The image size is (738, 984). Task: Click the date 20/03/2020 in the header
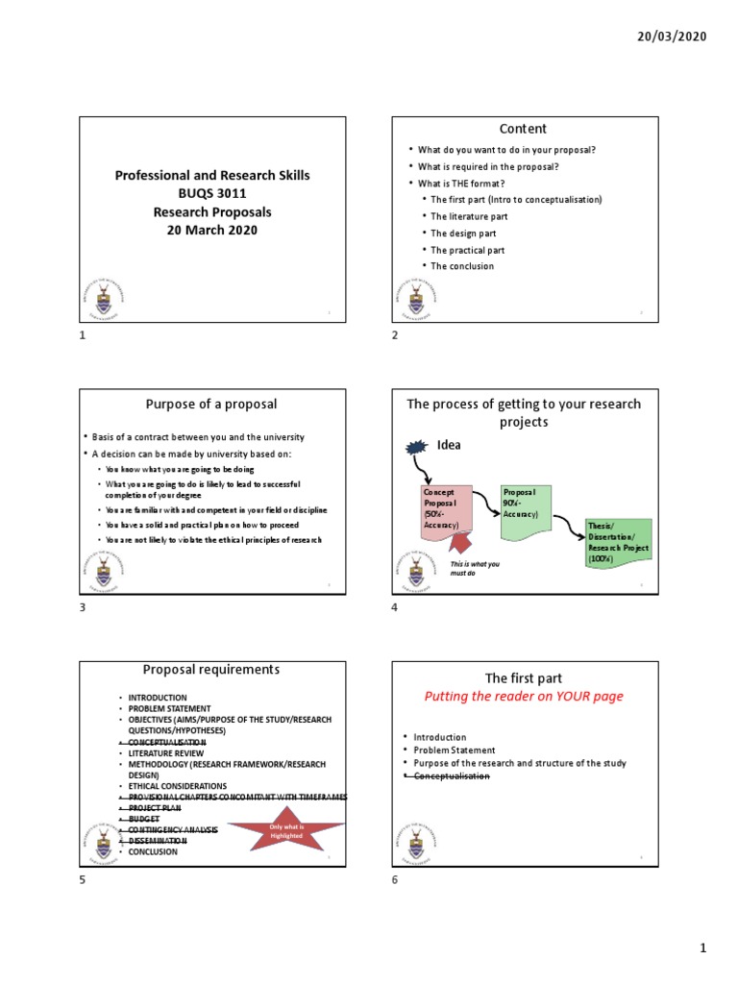(x=672, y=36)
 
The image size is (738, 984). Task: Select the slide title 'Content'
(x=523, y=129)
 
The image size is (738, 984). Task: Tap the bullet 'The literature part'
(x=469, y=216)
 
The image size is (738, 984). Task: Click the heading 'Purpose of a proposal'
(x=209, y=405)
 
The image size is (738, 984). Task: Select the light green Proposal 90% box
(x=524, y=508)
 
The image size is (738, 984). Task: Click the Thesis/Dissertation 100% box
(x=618, y=543)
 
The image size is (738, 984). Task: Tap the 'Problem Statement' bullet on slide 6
(x=455, y=750)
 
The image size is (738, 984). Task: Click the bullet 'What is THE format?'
(x=461, y=183)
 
